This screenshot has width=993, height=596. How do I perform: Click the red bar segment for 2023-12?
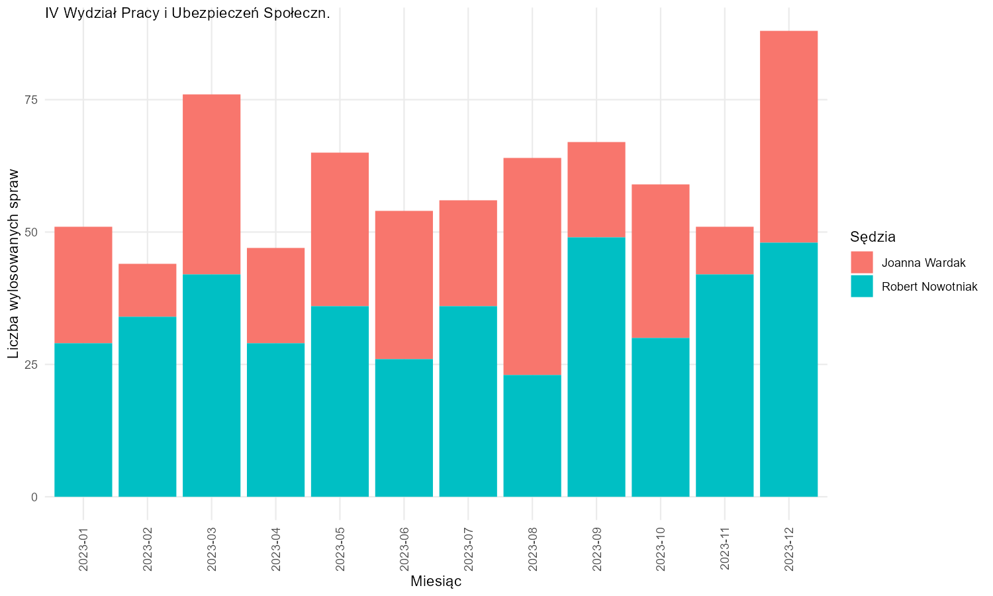[x=788, y=136]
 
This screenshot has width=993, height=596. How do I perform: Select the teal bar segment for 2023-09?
[x=596, y=367]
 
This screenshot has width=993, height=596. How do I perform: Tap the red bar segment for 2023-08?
[x=532, y=266]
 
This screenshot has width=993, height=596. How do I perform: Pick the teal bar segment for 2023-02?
[x=147, y=407]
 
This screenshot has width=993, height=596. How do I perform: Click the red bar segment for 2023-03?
[x=211, y=185]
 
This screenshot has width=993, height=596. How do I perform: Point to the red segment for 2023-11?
[x=725, y=250]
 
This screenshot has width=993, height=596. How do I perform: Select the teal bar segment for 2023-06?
[x=404, y=428]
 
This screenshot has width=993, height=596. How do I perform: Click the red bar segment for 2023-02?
[x=147, y=291]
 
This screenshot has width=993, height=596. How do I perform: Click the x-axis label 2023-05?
[x=340, y=549]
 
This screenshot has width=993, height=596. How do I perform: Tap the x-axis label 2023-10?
[x=661, y=549]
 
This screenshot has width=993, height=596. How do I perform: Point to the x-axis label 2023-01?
[x=83, y=549]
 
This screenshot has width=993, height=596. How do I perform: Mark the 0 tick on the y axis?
[x=34, y=497]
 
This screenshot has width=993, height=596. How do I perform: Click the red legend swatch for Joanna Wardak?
[x=862, y=262]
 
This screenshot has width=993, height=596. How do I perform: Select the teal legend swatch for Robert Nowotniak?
[x=862, y=287]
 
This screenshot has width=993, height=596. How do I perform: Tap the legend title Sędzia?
[x=873, y=238]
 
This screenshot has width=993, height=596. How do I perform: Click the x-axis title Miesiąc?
[x=436, y=581]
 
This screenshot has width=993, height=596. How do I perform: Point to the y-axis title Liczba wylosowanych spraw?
[x=13, y=264]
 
